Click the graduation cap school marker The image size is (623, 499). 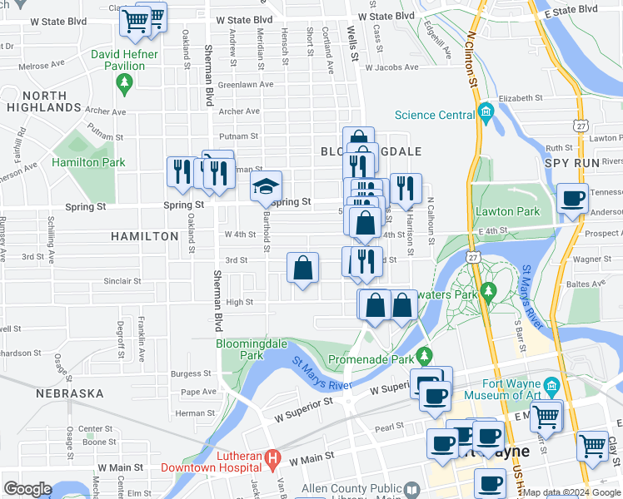[x=267, y=186]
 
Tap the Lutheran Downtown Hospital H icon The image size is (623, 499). [x=272, y=458]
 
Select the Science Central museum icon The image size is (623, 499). [x=485, y=113]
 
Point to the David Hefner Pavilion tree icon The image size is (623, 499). [x=125, y=82]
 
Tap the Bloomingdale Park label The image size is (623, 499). [x=240, y=348]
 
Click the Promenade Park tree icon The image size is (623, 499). [x=425, y=357]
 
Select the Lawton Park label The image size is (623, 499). [x=507, y=211]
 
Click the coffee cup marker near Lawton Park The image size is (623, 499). [x=572, y=199]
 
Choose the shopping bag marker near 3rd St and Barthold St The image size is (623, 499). [x=303, y=268]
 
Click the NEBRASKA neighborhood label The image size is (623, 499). [x=70, y=393]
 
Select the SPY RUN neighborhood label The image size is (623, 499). [x=572, y=163]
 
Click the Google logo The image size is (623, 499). [x=27, y=489]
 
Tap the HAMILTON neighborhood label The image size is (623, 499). [x=145, y=236]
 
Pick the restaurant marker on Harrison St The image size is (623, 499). [x=406, y=189]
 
